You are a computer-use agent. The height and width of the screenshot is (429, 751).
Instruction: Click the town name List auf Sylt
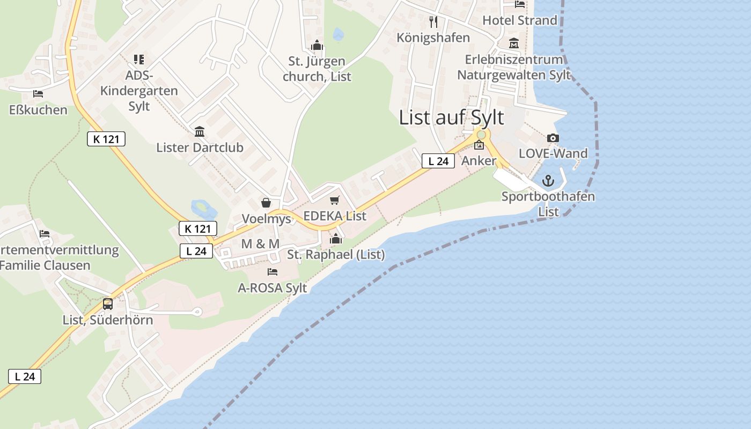pyautogui.click(x=451, y=117)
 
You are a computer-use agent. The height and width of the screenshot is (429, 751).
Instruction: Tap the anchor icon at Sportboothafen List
pyautogui.click(x=548, y=181)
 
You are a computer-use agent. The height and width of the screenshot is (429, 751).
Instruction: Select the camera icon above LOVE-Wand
pyautogui.click(x=553, y=138)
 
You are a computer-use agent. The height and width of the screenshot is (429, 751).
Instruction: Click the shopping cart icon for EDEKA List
pyautogui.click(x=335, y=201)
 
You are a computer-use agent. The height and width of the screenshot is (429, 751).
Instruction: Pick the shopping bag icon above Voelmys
pyautogui.click(x=266, y=203)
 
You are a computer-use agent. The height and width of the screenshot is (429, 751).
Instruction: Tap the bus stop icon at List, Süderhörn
pyautogui.click(x=108, y=304)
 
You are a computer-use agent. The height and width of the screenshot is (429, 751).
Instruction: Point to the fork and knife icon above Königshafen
pyautogui.click(x=433, y=22)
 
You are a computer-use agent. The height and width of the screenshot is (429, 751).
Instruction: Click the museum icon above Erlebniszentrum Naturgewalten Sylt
pyautogui.click(x=514, y=43)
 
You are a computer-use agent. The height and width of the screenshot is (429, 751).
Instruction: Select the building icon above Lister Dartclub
pyautogui.click(x=200, y=131)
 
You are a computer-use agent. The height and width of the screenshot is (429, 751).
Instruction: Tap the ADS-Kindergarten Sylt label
pyautogui.click(x=139, y=91)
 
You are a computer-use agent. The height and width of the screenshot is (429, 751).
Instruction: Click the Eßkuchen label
pyautogui.click(x=39, y=110)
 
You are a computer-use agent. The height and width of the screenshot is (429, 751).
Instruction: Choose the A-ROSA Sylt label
pyautogui.click(x=273, y=288)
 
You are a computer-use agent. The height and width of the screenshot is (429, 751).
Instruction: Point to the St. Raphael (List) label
pyautogui.click(x=336, y=255)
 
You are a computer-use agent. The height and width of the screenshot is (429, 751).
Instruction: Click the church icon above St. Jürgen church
pyautogui.click(x=317, y=46)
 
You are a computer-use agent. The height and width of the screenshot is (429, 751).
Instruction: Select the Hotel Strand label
pyautogui.click(x=520, y=20)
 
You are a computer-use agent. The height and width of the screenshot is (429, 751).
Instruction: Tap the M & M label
pyautogui.click(x=260, y=244)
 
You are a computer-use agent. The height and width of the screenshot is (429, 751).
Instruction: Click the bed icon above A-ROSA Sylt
pyautogui.click(x=273, y=272)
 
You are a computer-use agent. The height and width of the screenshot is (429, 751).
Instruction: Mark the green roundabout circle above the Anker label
pyautogui.click(x=481, y=135)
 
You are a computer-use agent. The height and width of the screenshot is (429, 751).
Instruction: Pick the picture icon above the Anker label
pyautogui.click(x=479, y=145)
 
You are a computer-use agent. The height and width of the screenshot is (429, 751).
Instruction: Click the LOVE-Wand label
pyautogui.click(x=553, y=153)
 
